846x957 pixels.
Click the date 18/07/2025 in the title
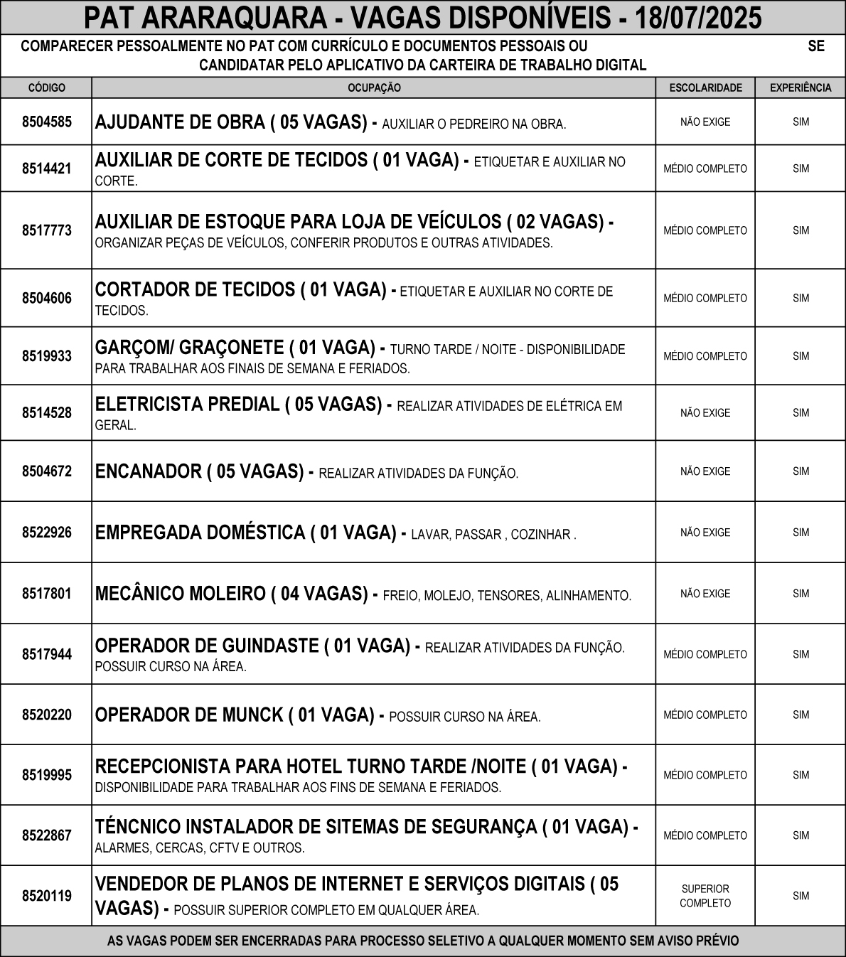[698, 18]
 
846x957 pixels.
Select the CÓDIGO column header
[47, 87]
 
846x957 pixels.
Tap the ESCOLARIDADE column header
[705, 87]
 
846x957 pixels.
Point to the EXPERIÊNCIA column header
[801, 87]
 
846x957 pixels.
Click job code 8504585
[47, 122]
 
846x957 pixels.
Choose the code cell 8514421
[47, 169]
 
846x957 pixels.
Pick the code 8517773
[47, 230]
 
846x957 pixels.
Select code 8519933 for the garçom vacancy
[47, 355]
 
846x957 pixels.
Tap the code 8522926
[47, 532]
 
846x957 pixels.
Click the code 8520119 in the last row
[47, 896]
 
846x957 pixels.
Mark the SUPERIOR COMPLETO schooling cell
[705, 896]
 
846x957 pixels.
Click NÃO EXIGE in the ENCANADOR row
[705, 471]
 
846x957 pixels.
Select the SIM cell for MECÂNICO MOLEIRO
[801, 593]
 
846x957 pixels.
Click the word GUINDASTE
[270, 646]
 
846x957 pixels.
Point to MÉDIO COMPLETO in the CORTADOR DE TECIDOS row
[705, 298]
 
